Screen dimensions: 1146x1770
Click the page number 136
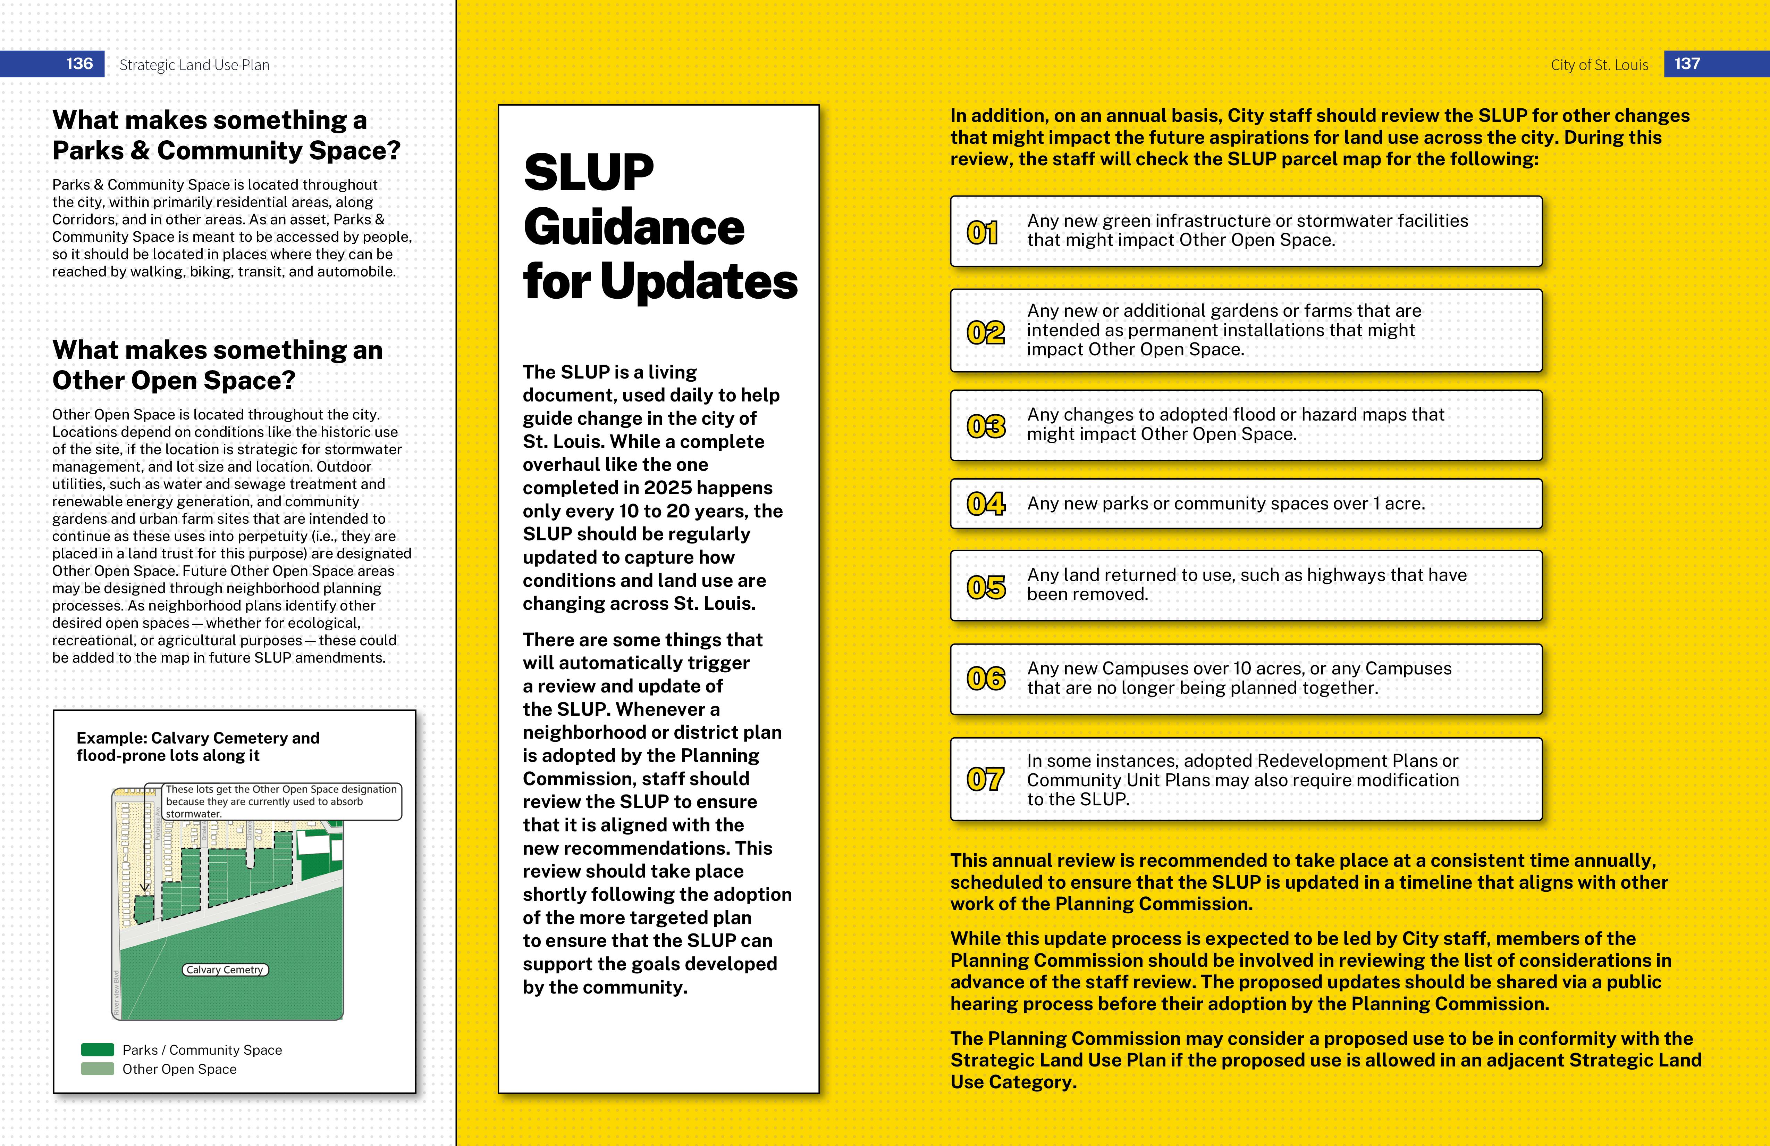[x=79, y=64]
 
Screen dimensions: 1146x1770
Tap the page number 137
[x=1687, y=64]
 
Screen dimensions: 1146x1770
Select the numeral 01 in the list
[x=983, y=233]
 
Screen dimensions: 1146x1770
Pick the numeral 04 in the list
[x=985, y=504]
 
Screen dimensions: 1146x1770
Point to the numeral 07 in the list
[x=985, y=779]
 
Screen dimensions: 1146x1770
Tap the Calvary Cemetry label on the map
[x=225, y=970]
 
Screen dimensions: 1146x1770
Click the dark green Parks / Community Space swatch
[x=98, y=1050]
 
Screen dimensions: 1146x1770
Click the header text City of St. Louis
[x=1599, y=65]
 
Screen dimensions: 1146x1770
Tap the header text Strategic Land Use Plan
[x=194, y=65]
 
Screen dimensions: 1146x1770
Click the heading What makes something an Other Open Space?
[x=217, y=365]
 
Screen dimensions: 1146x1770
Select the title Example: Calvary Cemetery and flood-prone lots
[x=198, y=746]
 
